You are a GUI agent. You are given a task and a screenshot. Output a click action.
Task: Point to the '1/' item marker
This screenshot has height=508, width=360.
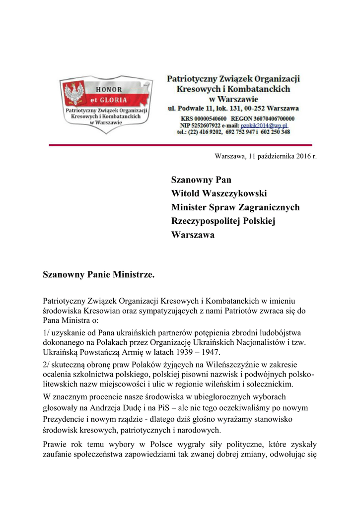pos(46,332)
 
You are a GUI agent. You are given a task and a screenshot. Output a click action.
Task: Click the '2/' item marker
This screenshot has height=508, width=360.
pos(46,365)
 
